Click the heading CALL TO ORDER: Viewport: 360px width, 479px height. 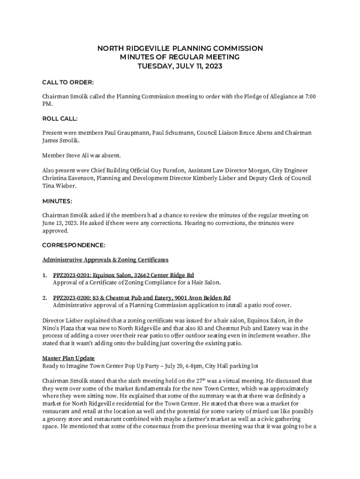(68, 83)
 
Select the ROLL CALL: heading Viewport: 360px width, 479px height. (60, 119)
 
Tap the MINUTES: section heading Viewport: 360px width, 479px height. (57, 201)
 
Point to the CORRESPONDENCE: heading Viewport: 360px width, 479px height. (74, 245)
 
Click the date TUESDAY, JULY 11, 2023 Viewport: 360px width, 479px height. (180, 66)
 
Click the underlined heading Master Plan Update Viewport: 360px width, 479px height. (69, 358)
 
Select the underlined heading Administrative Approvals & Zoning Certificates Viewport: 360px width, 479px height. (105, 260)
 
